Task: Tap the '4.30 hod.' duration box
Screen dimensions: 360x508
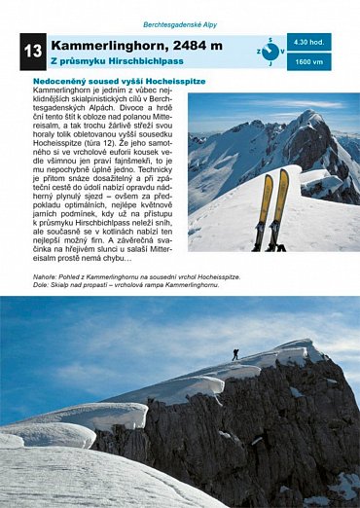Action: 309,42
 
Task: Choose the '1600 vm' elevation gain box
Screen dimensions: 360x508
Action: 309,60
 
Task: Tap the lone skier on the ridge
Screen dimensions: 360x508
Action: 234,353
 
